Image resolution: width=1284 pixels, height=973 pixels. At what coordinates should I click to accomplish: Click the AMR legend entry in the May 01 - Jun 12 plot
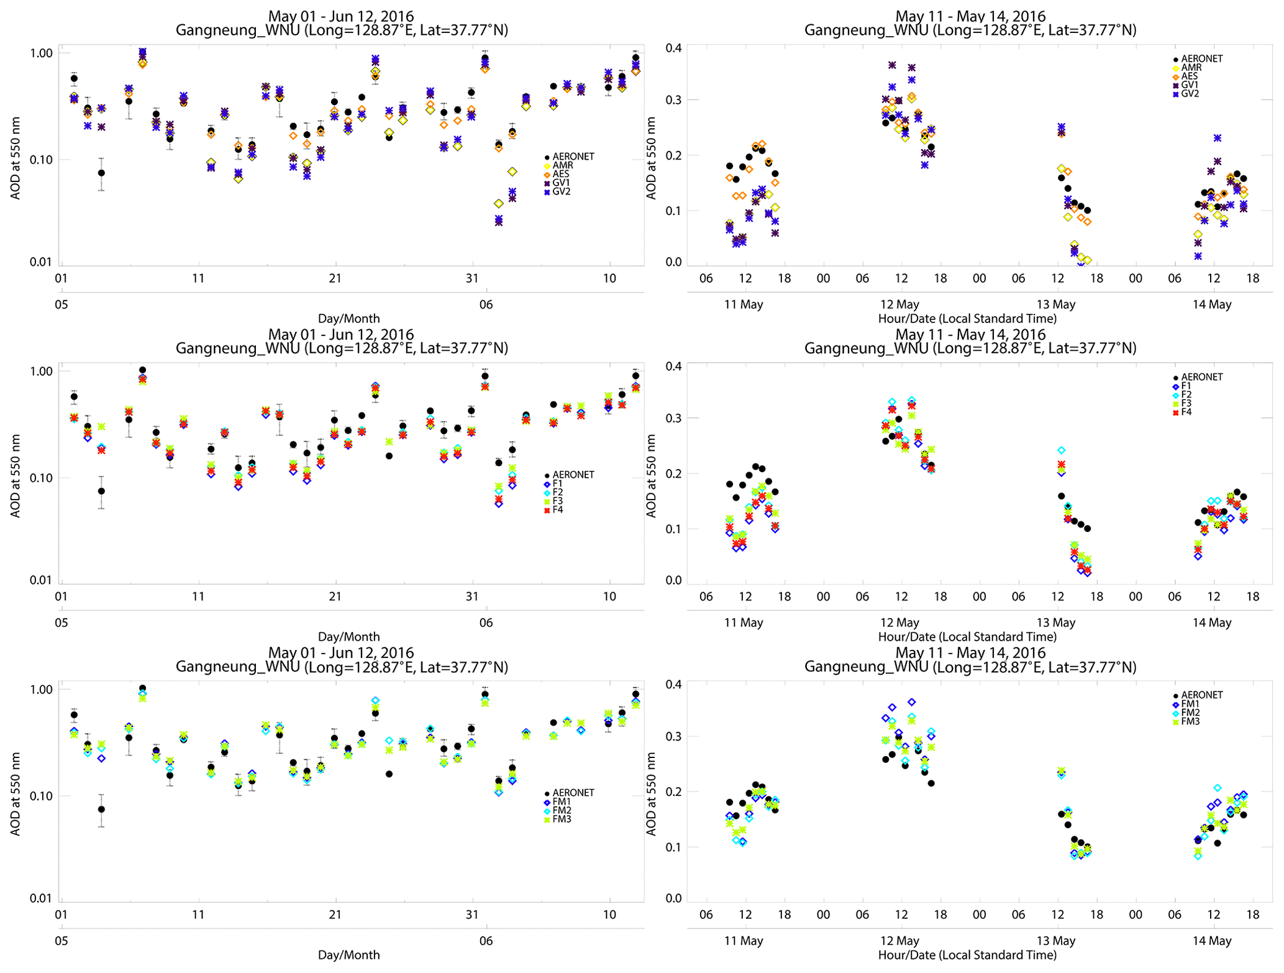click(x=563, y=165)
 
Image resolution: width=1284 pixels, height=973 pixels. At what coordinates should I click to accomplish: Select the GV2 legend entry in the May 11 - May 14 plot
click(x=1190, y=94)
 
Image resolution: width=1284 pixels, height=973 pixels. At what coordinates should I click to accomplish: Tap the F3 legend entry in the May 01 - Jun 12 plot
click(x=557, y=501)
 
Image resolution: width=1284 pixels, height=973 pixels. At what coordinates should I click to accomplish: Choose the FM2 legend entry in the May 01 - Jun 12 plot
click(x=562, y=810)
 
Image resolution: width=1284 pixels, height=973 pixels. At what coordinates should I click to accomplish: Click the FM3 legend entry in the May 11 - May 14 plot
click(x=1190, y=721)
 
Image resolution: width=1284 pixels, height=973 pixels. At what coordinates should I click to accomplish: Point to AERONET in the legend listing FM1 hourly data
click(x=1201, y=695)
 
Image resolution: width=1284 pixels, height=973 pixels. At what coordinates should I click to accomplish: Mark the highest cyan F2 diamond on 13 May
click(x=1062, y=450)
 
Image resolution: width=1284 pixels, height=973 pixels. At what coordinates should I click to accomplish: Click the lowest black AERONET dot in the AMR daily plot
click(x=101, y=173)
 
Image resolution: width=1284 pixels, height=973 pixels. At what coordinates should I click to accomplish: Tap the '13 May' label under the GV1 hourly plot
click(x=1055, y=304)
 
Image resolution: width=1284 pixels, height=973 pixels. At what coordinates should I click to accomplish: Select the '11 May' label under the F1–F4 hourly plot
click(x=743, y=623)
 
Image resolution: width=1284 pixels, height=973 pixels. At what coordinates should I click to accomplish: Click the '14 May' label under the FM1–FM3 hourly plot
click(x=1211, y=941)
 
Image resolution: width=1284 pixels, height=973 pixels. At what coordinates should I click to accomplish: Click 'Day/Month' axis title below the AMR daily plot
click(x=348, y=318)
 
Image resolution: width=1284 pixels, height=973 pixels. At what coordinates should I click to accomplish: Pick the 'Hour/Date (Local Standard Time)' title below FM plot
click(x=967, y=954)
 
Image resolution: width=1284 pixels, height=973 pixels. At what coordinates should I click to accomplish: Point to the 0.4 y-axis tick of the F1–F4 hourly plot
click(x=673, y=366)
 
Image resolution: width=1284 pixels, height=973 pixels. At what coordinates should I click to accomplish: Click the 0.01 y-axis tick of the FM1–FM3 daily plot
click(x=41, y=898)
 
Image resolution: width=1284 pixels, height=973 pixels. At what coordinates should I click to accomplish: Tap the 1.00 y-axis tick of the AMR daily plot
click(x=41, y=53)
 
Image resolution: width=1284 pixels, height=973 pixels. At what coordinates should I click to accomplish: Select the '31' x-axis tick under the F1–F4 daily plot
click(x=472, y=596)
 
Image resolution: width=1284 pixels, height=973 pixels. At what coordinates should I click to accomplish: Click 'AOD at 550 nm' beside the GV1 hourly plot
click(x=651, y=158)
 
